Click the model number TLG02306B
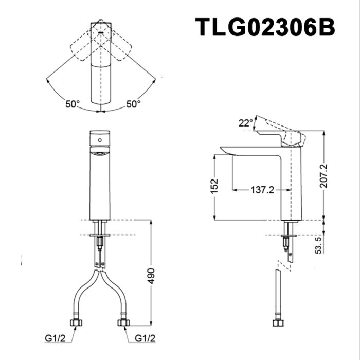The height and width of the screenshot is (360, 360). pyautogui.click(x=265, y=27)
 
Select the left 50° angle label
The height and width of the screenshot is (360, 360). pyautogui.click(x=73, y=104)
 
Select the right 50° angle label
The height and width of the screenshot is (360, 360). pyautogui.click(x=133, y=104)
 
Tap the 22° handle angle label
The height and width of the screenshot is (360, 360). pyautogui.click(x=246, y=122)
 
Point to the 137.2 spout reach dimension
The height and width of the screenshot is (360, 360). pyautogui.click(x=262, y=190)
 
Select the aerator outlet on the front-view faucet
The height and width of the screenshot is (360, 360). pyautogui.click(x=100, y=153)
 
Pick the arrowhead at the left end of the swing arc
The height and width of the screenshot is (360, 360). pyautogui.click(x=47, y=79)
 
